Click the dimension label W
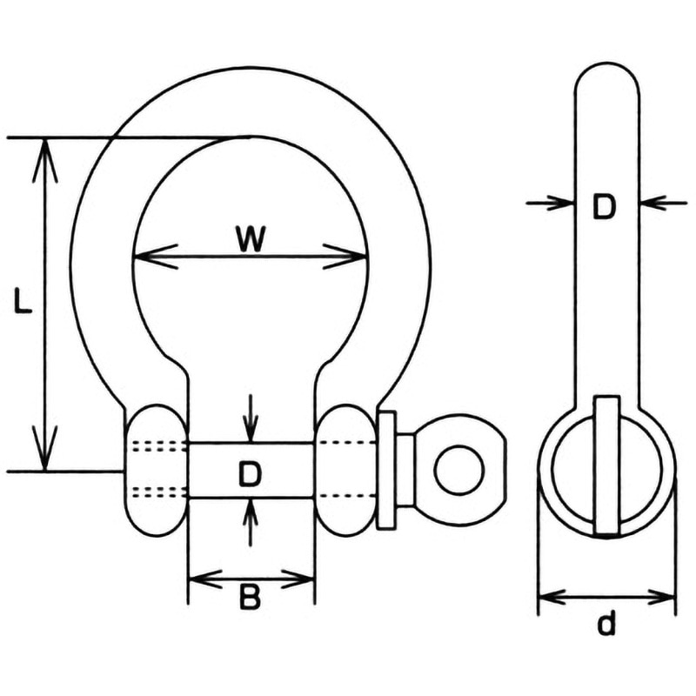(251, 239)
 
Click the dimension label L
(23, 301)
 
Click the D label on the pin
(250, 473)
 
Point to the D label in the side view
(604, 206)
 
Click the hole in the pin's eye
(460, 470)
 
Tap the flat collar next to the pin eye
(385, 470)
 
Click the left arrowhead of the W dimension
(156, 257)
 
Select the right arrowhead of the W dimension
(345, 257)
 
